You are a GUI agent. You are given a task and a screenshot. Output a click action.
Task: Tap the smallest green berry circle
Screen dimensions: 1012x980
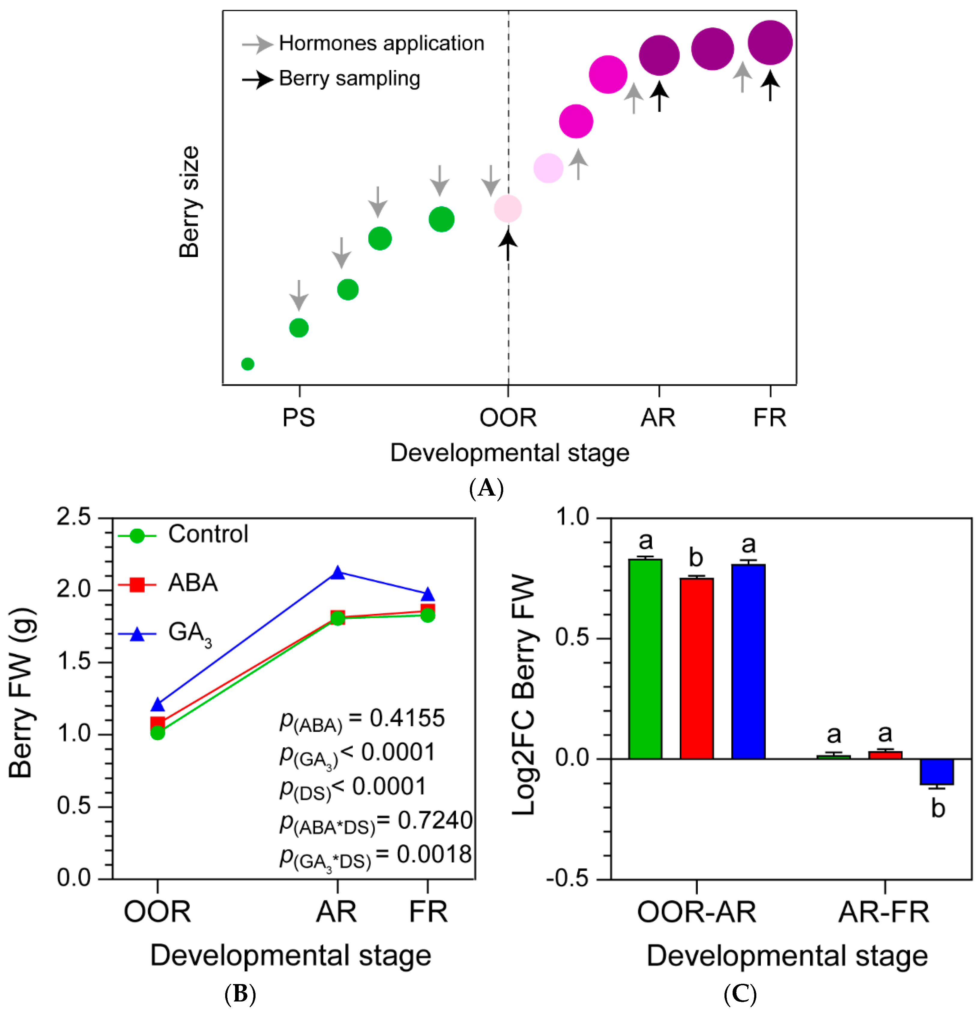(248, 364)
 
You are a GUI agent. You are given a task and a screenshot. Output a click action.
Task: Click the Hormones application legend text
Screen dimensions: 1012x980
(381, 43)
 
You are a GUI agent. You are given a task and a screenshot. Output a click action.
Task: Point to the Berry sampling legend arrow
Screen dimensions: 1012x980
(257, 80)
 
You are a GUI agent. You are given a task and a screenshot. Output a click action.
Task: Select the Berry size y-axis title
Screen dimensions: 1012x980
(189, 201)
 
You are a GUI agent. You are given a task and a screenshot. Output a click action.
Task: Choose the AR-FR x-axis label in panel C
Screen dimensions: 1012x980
(884, 912)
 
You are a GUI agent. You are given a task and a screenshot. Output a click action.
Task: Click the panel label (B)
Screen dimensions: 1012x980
(240, 993)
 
